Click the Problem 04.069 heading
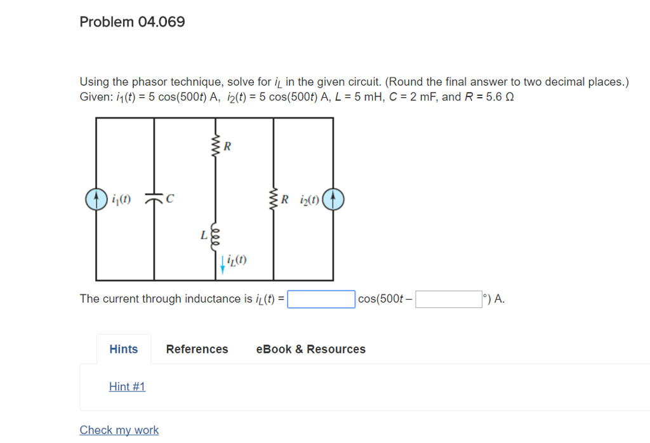132,22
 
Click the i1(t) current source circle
96,199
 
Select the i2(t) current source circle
333,199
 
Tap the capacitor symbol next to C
154,199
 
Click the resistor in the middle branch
215,147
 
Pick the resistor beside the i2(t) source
274,199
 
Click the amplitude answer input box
321,299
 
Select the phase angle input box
449,299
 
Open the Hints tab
124,349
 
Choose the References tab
197,349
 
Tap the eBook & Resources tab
310,349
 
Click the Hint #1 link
127,387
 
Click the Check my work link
119,430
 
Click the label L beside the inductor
204,235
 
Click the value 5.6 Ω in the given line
498,98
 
